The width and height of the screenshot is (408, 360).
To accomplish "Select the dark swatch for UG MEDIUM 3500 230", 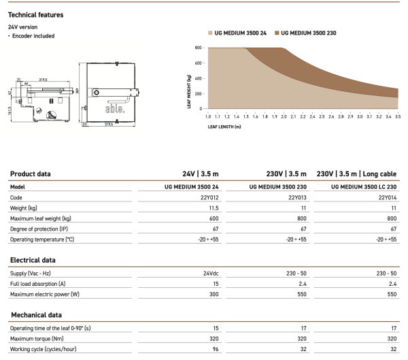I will [275, 33].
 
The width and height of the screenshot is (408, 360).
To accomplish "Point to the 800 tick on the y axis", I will [198, 48].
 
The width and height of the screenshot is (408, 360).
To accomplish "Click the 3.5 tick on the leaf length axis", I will [398, 116].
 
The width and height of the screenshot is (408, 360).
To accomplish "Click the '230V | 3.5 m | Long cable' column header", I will [357, 174].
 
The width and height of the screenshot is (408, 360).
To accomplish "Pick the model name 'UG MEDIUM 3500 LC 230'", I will [358, 186].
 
